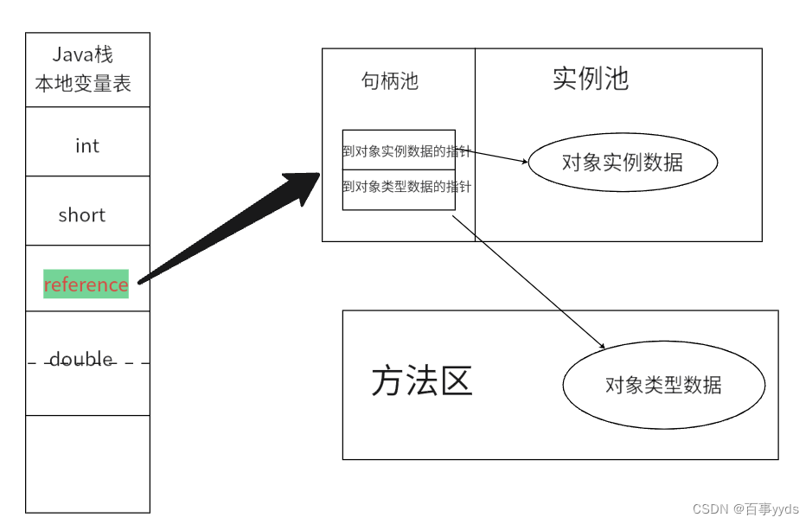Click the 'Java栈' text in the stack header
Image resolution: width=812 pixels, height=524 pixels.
click(83, 55)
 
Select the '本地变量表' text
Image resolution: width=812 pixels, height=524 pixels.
click(83, 84)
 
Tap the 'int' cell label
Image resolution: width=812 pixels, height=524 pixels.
click(87, 146)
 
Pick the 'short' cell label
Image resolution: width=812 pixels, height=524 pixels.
click(82, 215)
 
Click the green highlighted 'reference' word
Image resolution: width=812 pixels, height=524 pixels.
click(86, 284)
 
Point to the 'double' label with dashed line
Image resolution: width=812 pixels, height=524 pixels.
click(81, 359)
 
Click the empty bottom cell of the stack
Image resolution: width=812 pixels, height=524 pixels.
click(87, 463)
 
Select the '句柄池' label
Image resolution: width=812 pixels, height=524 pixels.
click(390, 81)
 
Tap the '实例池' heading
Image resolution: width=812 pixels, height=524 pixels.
click(591, 79)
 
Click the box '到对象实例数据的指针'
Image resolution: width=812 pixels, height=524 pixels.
click(399, 150)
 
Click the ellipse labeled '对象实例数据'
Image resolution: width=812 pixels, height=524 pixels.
click(623, 162)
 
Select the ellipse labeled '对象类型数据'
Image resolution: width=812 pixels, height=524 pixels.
click(663, 386)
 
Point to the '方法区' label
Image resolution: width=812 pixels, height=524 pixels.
click(422, 381)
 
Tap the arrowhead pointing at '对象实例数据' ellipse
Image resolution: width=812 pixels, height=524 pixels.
click(523, 161)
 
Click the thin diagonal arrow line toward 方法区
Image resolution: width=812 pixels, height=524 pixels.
click(527, 282)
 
